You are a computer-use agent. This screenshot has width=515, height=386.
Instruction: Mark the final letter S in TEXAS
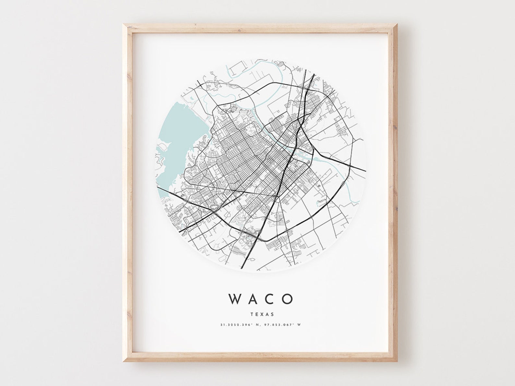272,314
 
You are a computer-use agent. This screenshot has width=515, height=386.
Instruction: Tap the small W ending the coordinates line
299,324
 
